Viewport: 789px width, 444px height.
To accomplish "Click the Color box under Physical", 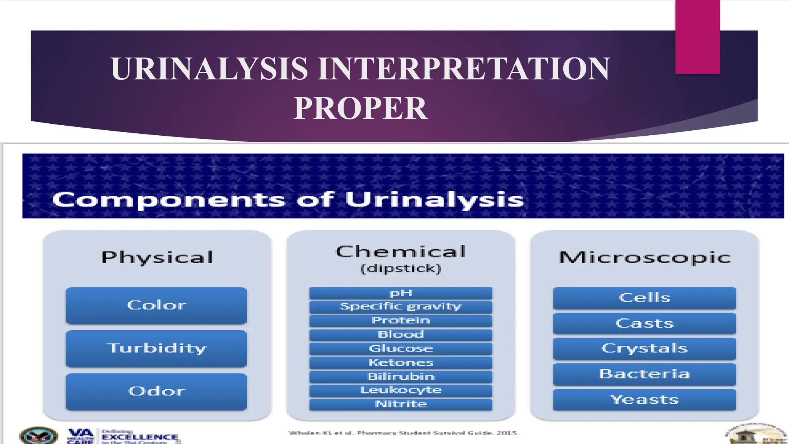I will coord(156,305).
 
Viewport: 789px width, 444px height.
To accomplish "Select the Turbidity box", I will coord(156,348).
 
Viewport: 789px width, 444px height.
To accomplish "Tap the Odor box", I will coord(156,391).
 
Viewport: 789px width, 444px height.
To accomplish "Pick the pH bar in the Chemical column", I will coord(401,293).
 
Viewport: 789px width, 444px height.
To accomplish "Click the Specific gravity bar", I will coord(401,307).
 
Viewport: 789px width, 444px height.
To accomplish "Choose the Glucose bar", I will coord(401,348).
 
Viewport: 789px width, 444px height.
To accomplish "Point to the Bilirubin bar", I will coord(401,377).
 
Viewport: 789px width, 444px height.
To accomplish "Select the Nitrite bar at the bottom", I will coord(401,404).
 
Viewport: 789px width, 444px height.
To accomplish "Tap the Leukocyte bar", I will coord(401,390).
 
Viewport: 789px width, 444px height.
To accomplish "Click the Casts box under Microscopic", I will coord(644,323).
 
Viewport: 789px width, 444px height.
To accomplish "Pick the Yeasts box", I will coord(644,400).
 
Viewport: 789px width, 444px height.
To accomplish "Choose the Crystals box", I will coord(644,348).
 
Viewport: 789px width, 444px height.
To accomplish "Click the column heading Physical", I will coord(157,257).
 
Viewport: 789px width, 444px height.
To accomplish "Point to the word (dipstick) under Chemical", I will coord(401,269).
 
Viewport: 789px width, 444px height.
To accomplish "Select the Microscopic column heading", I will coord(645,257).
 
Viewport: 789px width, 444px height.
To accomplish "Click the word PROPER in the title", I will coord(360,108).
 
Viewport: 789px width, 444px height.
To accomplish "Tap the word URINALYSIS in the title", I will coord(209,69).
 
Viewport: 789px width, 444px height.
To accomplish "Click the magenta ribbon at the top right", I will coord(697,37).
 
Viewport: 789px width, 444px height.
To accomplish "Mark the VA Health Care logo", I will coord(81,436).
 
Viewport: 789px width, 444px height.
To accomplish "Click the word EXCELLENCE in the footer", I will coord(140,437).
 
